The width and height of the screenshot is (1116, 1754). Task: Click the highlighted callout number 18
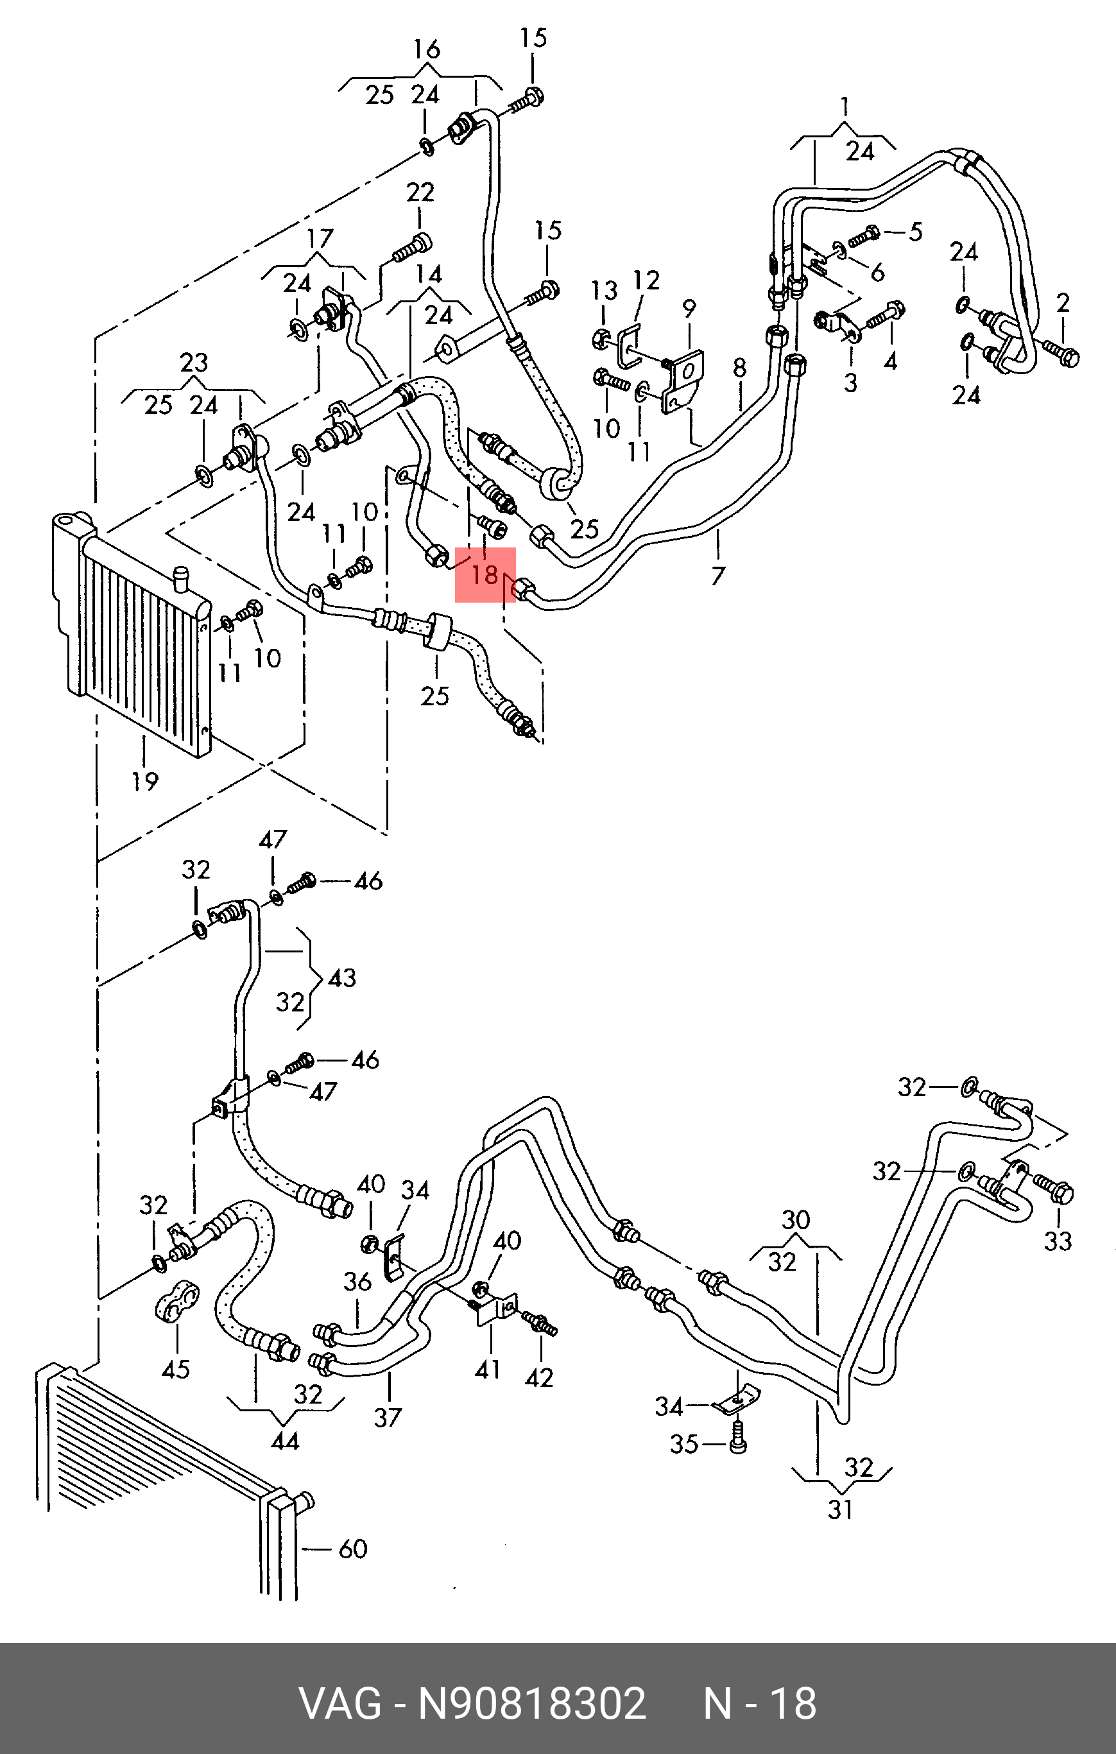coord(485,574)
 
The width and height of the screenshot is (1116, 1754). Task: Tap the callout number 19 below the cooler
coord(145,781)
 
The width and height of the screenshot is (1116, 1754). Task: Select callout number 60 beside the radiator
coord(354,1548)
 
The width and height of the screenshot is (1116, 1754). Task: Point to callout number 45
coord(176,1369)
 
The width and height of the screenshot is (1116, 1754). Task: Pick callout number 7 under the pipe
coord(718,576)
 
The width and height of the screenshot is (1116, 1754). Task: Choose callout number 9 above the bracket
coord(689,308)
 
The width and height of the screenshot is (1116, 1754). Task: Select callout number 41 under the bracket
coord(487,1369)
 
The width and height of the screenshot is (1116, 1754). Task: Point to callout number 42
coord(539,1377)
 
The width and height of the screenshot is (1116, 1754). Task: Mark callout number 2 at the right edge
coord(1063,302)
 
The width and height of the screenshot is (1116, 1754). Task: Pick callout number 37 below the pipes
coord(388,1417)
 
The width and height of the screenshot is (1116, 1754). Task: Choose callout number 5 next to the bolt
coord(915,232)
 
